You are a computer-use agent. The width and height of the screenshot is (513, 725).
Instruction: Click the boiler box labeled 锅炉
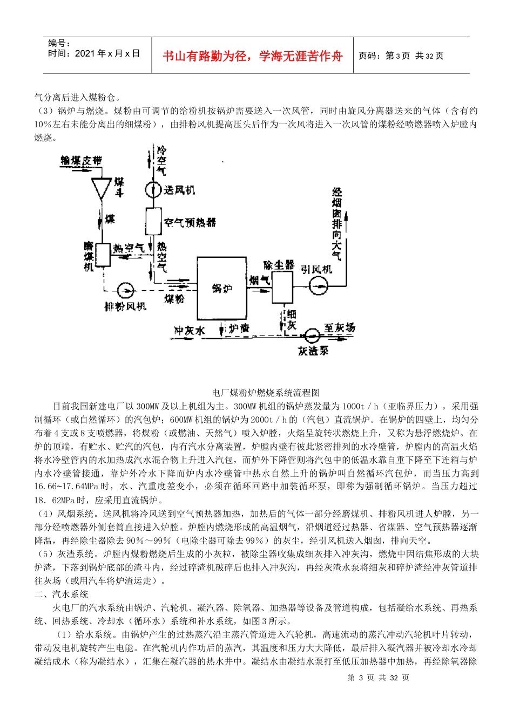point(222,289)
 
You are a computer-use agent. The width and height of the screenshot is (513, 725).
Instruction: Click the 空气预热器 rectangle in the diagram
point(154,221)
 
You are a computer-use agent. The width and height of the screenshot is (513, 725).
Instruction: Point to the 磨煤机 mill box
point(103,255)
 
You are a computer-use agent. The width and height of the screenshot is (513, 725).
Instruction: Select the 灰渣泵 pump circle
point(312,336)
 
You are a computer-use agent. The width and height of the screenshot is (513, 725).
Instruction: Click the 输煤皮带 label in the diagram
point(81,160)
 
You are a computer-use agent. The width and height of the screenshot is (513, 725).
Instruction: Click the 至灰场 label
point(340,327)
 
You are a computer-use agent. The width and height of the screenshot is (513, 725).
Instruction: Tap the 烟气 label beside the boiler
point(260,280)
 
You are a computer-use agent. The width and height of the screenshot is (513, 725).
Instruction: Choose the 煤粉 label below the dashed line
point(174,298)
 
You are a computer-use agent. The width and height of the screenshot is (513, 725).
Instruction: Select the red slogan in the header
point(252,56)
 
